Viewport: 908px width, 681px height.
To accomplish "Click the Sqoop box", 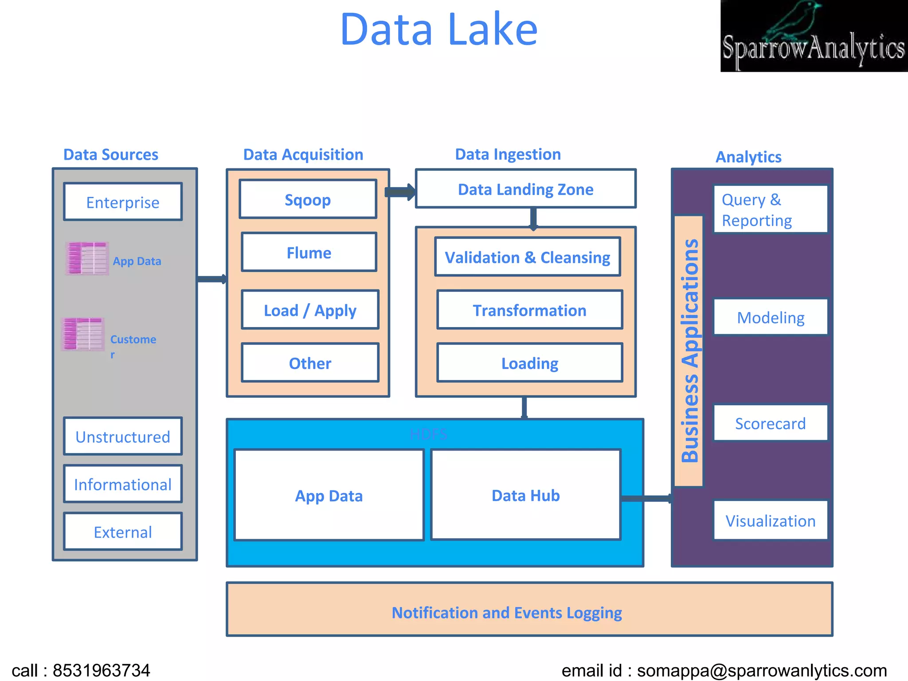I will [x=308, y=200].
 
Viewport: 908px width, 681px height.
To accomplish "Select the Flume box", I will [x=309, y=252].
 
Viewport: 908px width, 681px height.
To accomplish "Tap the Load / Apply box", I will [x=310, y=310].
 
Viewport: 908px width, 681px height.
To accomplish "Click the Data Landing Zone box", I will [x=525, y=189].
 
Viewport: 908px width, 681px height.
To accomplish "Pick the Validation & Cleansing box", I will [x=527, y=257].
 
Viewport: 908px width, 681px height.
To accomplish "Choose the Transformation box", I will [x=529, y=310].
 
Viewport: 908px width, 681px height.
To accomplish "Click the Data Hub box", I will [x=525, y=495].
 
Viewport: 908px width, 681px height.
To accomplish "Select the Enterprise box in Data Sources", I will [x=123, y=202].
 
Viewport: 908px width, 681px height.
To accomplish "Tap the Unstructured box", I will [x=123, y=437].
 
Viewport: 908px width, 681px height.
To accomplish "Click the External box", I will [x=123, y=532].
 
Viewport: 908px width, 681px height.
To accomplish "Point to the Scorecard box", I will [x=770, y=423].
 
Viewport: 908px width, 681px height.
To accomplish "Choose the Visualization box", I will [x=770, y=521].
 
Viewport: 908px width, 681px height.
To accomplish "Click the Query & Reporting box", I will [x=770, y=210].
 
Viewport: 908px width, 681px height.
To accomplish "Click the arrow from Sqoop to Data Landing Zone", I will [x=400, y=192].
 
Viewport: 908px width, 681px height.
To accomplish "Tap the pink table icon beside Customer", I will [x=83, y=334].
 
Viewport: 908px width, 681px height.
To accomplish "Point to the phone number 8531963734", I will [x=102, y=670].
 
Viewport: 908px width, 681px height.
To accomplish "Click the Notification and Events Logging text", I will [x=507, y=613].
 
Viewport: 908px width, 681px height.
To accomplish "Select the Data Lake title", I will [x=439, y=29].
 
